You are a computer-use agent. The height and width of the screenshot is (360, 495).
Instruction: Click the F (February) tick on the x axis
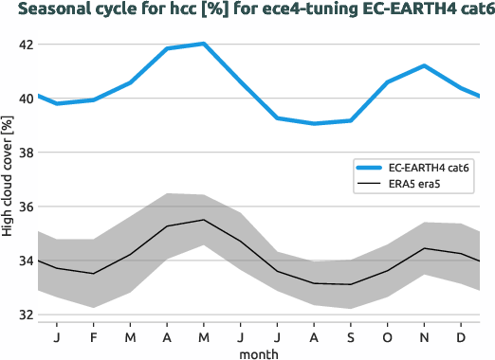coord(94,336)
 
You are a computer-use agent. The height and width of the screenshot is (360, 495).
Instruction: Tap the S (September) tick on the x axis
coord(351,336)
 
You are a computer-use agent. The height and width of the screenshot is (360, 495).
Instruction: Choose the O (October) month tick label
coord(388,336)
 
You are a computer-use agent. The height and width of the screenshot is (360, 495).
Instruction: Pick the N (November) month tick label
coord(425,336)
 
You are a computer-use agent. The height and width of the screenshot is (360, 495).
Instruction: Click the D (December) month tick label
coord(461,336)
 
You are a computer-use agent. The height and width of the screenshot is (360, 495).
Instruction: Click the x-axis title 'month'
coord(259,352)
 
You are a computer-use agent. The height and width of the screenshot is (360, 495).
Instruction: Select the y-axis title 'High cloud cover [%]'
coord(8,180)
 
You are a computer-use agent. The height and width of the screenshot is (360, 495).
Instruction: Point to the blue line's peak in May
coord(204,44)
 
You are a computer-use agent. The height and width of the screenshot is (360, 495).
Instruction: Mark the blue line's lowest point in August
coord(314,123)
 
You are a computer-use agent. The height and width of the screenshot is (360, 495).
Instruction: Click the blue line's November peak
coord(425,65)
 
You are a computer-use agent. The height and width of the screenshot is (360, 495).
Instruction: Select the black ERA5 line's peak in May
coord(204,220)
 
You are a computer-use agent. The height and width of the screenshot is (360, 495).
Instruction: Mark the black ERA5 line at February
coord(94,274)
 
